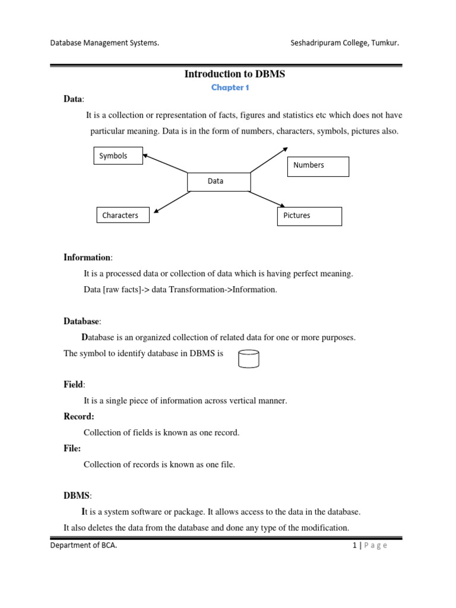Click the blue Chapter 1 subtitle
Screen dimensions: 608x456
[229, 87]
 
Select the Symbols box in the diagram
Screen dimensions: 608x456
[118, 156]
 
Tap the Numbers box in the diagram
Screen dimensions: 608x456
[318, 166]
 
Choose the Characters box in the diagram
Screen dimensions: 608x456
[122, 215]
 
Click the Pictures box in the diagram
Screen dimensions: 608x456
[309, 216]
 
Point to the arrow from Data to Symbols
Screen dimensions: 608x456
[166, 164]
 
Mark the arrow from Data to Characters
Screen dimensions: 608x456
[170, 202]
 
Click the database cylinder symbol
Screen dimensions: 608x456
[248, 359]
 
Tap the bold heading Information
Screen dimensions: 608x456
[87, 257]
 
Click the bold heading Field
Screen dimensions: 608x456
[74, 385]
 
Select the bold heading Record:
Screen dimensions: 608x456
[79, 417]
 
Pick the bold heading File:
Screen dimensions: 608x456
[72, 449]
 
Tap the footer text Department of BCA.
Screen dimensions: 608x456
[83, 546]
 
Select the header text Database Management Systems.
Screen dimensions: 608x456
[104, 43]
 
